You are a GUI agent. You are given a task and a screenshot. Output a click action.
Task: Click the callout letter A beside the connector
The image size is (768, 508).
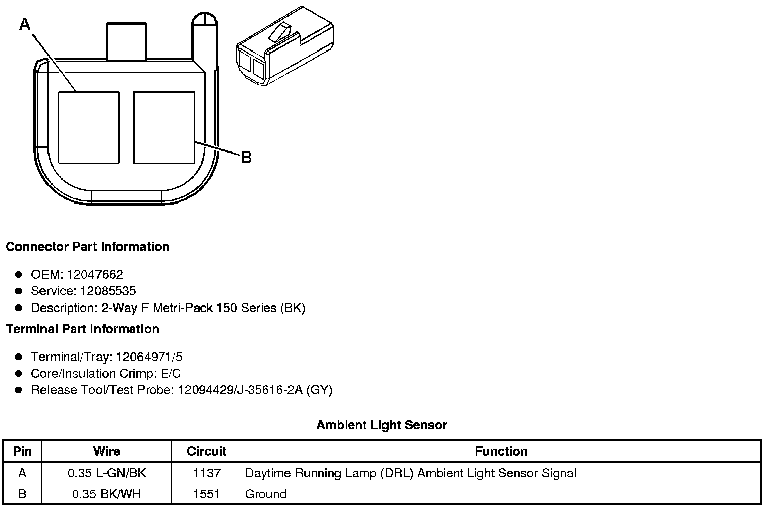(x=25, y=24)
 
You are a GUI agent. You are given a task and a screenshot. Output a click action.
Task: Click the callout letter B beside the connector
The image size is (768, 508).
(x=246, y=158)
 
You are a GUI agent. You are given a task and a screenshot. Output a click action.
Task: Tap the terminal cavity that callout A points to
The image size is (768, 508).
(x=89, y=127)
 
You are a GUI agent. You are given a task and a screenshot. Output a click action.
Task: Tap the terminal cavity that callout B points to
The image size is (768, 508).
(x=164, y=127)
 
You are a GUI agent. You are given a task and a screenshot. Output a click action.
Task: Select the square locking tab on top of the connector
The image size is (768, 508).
(x=126, y=40)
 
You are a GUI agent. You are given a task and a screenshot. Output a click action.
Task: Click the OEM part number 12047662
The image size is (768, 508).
(x=95, y=275)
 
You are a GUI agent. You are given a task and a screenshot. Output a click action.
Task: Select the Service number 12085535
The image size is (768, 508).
(x=108, y=291)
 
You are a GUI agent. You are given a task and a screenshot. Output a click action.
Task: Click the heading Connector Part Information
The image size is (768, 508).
(x=87, y=247)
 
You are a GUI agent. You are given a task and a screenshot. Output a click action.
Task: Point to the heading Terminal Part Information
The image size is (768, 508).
(x=82, y=329)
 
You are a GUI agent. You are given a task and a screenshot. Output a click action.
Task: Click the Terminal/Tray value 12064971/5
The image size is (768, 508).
(x=149, y=357)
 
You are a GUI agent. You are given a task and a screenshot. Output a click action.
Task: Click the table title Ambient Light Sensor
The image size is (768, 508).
(x=381, y=425)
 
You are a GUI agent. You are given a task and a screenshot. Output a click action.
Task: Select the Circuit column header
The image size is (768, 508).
(x=207, y=451)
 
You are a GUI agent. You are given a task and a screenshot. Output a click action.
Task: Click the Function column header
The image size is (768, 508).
(x=501, y=451)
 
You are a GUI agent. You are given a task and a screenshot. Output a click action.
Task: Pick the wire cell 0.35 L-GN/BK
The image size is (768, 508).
(x=107, y=473)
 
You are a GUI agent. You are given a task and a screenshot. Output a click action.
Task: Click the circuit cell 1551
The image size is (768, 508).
(x=207, y=494)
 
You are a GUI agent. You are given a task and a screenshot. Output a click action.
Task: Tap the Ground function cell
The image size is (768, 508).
(x=266, y=494)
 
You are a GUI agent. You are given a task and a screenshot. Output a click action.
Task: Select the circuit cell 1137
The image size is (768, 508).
(x=207, y=473)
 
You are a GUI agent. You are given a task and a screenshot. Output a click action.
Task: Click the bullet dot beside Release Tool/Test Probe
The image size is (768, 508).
(x=19, y=390)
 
